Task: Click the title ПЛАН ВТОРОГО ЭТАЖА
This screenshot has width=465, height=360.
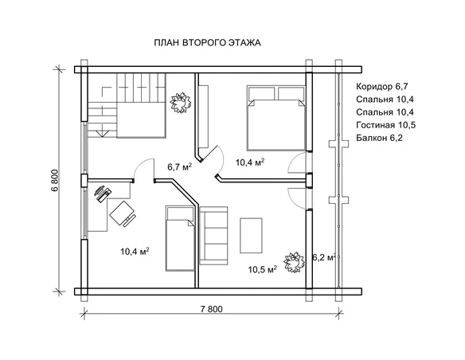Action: coord(207,43)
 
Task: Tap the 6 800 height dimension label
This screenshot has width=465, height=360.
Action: coord(56,181)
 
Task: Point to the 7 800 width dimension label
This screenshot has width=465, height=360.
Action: coord(211,309)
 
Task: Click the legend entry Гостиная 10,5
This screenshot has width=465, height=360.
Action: coord(386,125)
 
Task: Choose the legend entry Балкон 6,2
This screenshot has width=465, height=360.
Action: coord(379,138)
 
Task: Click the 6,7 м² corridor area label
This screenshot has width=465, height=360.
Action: coord(180,166)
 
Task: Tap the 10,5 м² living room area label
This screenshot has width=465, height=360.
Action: coord(263,269)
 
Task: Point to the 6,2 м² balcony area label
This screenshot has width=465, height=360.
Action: coord(324,257)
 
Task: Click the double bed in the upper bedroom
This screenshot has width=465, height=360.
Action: coord(276,118)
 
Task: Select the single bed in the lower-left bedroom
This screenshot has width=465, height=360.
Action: coord(180,238)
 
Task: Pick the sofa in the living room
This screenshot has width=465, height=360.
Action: coord(214,236)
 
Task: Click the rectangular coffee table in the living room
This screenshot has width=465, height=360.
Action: coord(251,236)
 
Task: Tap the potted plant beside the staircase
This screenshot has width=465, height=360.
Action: coord(180,102)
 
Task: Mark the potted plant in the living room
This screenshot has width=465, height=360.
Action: coord(294,262)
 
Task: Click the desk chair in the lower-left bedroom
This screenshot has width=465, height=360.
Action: coord(123,213)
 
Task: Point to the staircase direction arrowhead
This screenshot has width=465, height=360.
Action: coord(102,133)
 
